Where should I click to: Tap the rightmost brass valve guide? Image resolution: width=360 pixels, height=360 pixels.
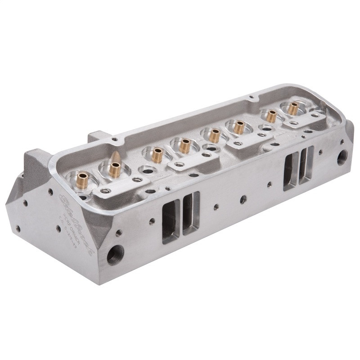293,108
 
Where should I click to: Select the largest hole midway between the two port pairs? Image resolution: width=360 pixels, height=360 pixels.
243,198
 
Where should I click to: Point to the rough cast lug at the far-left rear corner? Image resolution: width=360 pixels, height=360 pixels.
34,164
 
